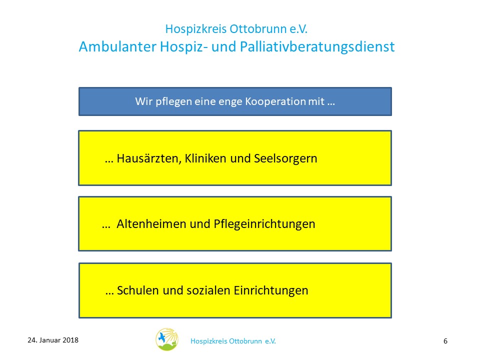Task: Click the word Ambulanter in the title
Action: [117, 47]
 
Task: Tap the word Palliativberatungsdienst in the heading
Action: [317, 47]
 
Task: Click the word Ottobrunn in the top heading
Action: [258, 29]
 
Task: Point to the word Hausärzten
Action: [149, 159]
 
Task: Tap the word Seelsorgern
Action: [285, 159]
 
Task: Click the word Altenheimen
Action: [151, 224]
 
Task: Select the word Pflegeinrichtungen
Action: [264, 224]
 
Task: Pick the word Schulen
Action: [138, 290]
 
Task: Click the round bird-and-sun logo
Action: [167, 339]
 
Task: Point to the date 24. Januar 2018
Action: [53, 340]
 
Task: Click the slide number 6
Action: [445, 341]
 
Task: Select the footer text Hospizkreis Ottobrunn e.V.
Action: [233, 341]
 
